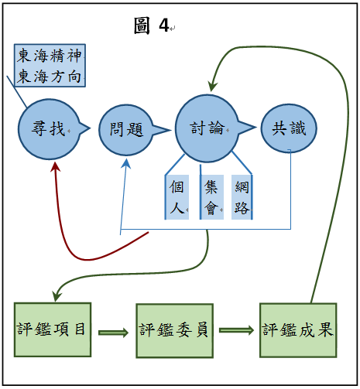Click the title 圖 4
coord(152,26)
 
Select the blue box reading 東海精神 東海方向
coord(50,66)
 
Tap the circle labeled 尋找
coord(49,129)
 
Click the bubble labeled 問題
coord(126,130)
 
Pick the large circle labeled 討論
coord(207,128)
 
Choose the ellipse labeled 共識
coord(289,128)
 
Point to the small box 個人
coord(177,197)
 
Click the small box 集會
coord(211,197)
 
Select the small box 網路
coord(242,197)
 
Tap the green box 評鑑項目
coord(53,329)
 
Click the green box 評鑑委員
coord(175,331)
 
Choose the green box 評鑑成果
coord(298,330)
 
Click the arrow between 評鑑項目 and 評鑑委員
coord(113,333)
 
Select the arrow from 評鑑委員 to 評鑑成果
coord(236,330)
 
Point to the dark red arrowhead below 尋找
coord(55,166)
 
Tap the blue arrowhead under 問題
coord(126,164)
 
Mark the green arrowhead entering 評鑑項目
coord(57,296)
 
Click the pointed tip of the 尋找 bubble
coord(91,128)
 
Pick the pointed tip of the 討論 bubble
coord(256,127)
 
